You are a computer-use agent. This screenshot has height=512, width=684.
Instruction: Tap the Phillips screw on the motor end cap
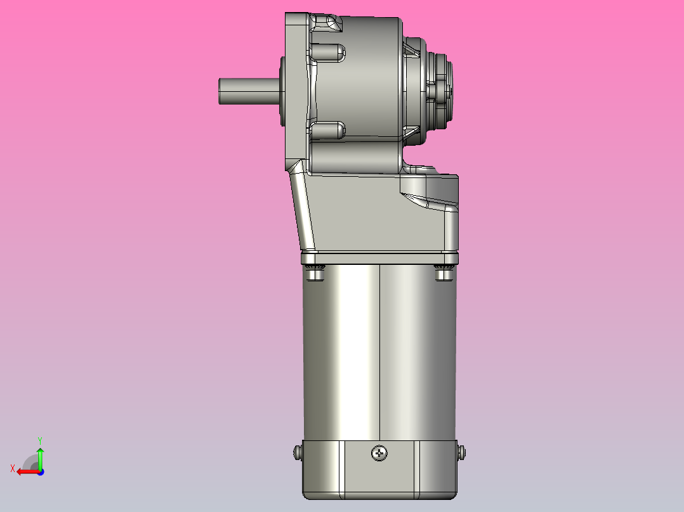point(380,453)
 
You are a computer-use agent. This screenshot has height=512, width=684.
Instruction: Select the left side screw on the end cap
point(297,452)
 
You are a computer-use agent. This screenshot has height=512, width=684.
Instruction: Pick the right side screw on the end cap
point(461,452)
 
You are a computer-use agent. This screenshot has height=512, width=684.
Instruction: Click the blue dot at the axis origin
point(40,471)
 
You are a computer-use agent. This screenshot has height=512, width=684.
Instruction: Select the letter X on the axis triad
point(12,468)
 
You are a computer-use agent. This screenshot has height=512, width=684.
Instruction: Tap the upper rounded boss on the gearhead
point(329,51)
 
